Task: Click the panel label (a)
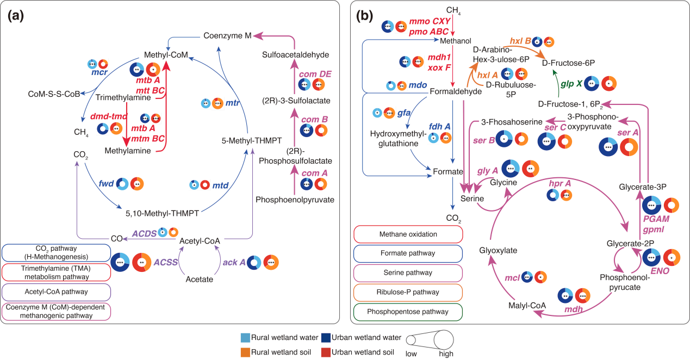point(15,15)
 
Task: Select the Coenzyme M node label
point(227,36)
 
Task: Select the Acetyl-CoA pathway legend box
point(56,292)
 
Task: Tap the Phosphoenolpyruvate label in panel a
point(294,200)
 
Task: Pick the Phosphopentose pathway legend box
point(408,312)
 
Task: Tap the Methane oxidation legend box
point(408,234)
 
